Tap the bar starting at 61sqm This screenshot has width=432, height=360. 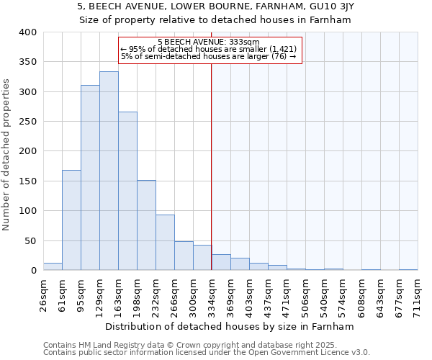71,220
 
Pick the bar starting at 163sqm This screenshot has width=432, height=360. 127,191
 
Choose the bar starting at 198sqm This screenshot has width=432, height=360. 146,225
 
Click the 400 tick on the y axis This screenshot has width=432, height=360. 28,32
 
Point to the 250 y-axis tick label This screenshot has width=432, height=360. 28,122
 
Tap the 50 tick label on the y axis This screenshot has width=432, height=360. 31,240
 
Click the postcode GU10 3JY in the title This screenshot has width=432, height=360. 334,6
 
